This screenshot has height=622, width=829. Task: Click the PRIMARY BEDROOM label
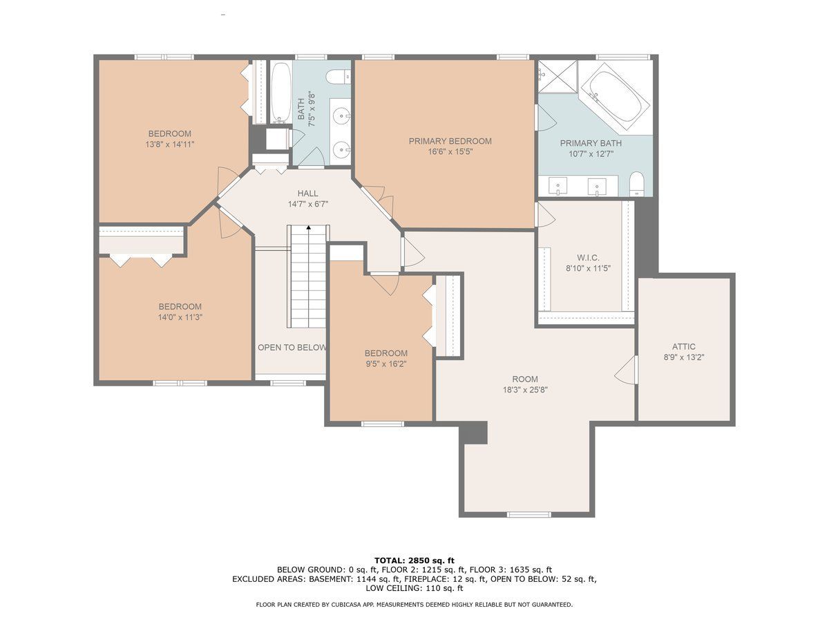pos(450,141)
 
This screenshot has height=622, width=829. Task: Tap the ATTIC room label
pos(684,346)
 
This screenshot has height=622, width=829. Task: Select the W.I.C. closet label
pos(588,258)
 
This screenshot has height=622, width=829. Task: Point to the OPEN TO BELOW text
pos(292,348)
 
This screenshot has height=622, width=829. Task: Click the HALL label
pos(307,194)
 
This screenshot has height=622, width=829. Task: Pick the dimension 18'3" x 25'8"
pos(525,390)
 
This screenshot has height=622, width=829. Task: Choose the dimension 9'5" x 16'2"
pos(385,364)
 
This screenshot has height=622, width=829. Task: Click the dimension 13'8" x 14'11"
pos(169,144)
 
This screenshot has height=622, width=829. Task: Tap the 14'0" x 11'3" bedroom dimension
pos(180,317)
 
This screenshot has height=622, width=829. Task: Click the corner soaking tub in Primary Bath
pos(615,97)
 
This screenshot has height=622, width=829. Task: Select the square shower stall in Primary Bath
pos(558,76)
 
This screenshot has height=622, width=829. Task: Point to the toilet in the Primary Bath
pos(637,185)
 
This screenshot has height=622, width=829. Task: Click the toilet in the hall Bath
pos(339,77)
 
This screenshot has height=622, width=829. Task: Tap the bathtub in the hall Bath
pos(280,93)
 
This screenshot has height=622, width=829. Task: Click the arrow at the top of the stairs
pos(309,228)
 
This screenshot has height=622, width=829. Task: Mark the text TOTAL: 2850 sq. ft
pos(414,560)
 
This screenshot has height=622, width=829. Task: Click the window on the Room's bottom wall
pos(528,514)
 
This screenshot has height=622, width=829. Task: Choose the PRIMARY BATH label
pos(591,144)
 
